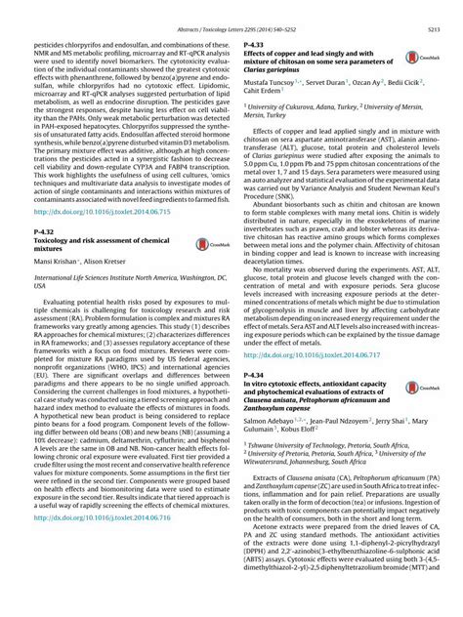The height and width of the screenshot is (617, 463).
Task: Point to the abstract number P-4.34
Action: click(x=250, y=376)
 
